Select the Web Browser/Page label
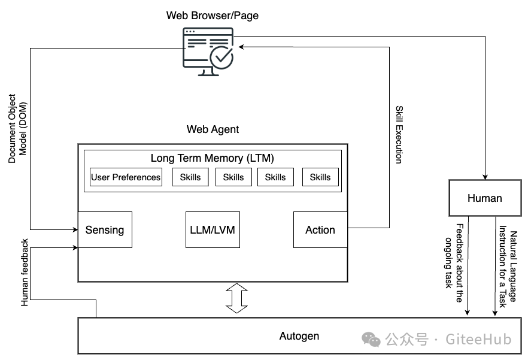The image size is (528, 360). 213,16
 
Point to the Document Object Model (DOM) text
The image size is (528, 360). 17,128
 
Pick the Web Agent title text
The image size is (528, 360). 213,129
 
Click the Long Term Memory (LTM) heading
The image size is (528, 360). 213,158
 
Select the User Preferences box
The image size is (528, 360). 126,177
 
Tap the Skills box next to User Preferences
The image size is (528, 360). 190,177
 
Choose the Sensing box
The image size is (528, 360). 105,230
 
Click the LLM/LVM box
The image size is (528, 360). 213,230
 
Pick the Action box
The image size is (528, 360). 320,230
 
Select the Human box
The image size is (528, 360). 485,198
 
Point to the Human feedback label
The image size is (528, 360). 25,273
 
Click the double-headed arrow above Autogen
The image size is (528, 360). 236,299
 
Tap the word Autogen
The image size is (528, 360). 299,336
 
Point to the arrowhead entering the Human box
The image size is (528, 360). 485,177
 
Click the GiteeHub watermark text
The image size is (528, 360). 478,340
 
